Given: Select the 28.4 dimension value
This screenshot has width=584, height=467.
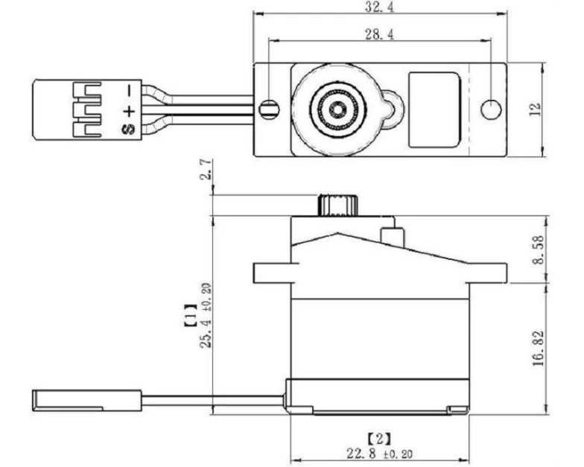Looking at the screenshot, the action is click(378, 34).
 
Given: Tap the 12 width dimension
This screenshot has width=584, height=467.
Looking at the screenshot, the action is click(535, 109).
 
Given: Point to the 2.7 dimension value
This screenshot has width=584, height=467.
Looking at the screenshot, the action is click(206, 170).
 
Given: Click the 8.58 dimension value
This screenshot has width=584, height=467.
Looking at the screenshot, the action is click(539, 250).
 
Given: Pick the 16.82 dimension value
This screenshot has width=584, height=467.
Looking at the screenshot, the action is click(539, 349).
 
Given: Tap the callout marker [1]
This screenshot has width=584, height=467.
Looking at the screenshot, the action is click(191, 316).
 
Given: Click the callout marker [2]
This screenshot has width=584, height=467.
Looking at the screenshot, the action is click(379, 439).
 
